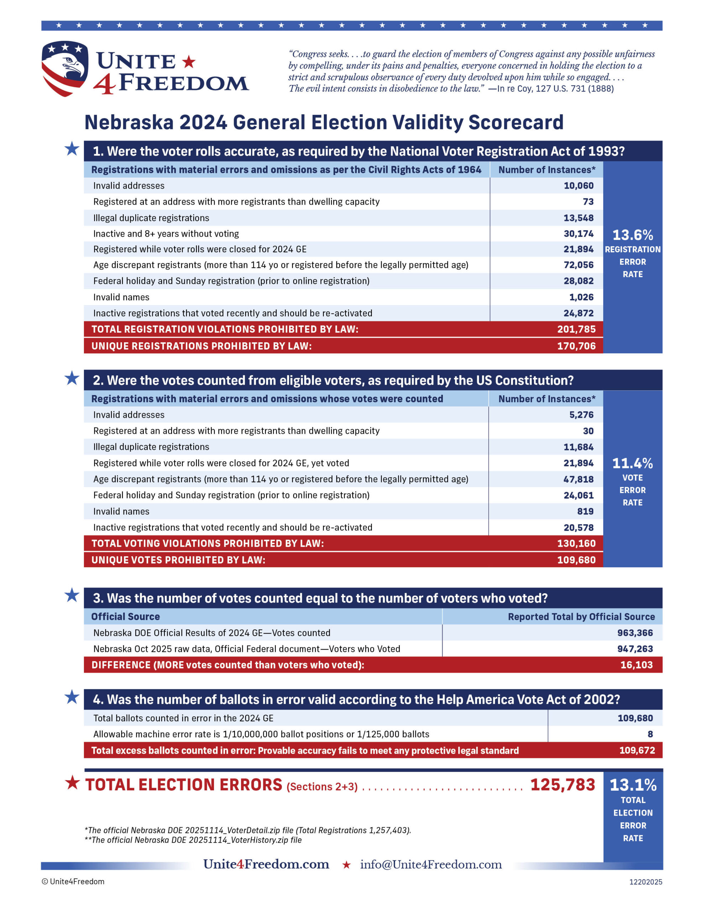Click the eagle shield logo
65,68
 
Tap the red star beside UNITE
189,62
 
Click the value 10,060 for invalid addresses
578,186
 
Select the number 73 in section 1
588,201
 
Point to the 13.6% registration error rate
632,235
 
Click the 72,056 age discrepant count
578,265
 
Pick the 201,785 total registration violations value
576,329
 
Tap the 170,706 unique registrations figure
576,346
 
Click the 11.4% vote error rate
632,463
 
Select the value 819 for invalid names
585,511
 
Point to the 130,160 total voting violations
576,543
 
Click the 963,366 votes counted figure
635,633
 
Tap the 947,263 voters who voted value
635,649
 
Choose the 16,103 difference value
636,665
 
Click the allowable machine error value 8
650,734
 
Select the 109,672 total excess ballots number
637,751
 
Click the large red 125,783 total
562,785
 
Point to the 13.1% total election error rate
633,785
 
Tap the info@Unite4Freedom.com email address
431,864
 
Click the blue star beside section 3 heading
72,595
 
